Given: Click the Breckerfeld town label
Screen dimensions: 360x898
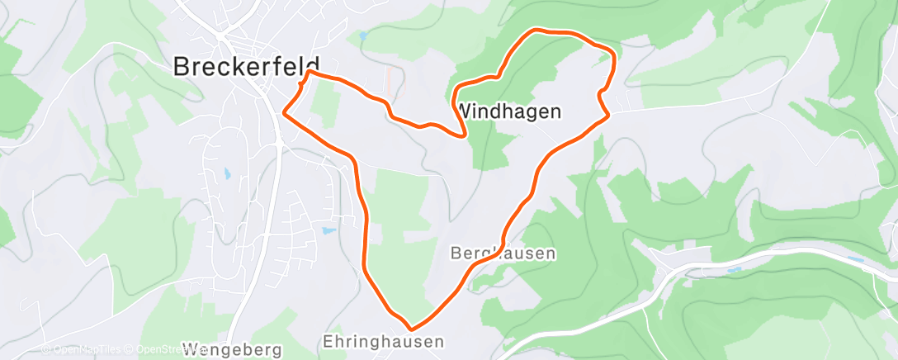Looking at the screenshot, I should pyautogui.click(x=246, y=67).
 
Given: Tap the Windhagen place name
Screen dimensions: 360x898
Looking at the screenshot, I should pyautogui.click(x=508, y=111).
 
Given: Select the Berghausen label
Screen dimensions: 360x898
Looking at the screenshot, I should pyautogui.click(x=503, y=253).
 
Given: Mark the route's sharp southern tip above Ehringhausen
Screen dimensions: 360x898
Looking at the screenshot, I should pyautogui.click(x=410, y=329).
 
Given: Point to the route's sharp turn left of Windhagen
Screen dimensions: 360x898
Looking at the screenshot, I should pyautogui.click(x=465, y=134).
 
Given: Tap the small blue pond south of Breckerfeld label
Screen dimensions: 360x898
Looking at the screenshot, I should pyautogui.click(x=226, y=173).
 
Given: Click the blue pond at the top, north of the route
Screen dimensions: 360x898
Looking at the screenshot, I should pyautogui.click(x=362, y=36).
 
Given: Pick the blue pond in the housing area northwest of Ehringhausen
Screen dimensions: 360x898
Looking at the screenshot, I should pyautogui.click(x=329, y=230).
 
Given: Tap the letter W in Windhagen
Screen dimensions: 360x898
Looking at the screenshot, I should pyautogui.click(x=466, y=111).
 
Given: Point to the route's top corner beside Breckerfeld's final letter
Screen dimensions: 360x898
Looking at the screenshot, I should pyautogui.click(x=310, y=73).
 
